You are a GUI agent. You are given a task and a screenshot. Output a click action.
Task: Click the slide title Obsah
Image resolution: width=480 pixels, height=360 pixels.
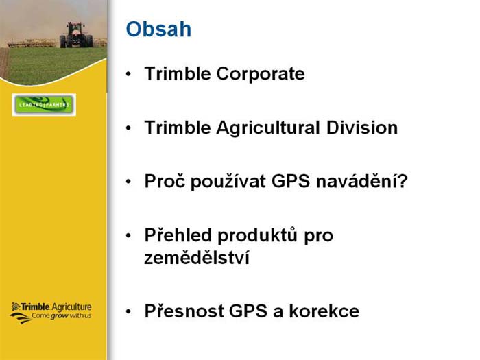159,29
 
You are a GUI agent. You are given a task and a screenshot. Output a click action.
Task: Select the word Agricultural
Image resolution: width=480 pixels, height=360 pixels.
268,128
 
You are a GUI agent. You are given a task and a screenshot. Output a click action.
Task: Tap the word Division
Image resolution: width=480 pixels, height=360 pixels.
364,128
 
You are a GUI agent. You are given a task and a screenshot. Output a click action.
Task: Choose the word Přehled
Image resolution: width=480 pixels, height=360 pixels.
178,235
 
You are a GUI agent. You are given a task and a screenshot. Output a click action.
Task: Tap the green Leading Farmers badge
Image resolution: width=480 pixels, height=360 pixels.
44,105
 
